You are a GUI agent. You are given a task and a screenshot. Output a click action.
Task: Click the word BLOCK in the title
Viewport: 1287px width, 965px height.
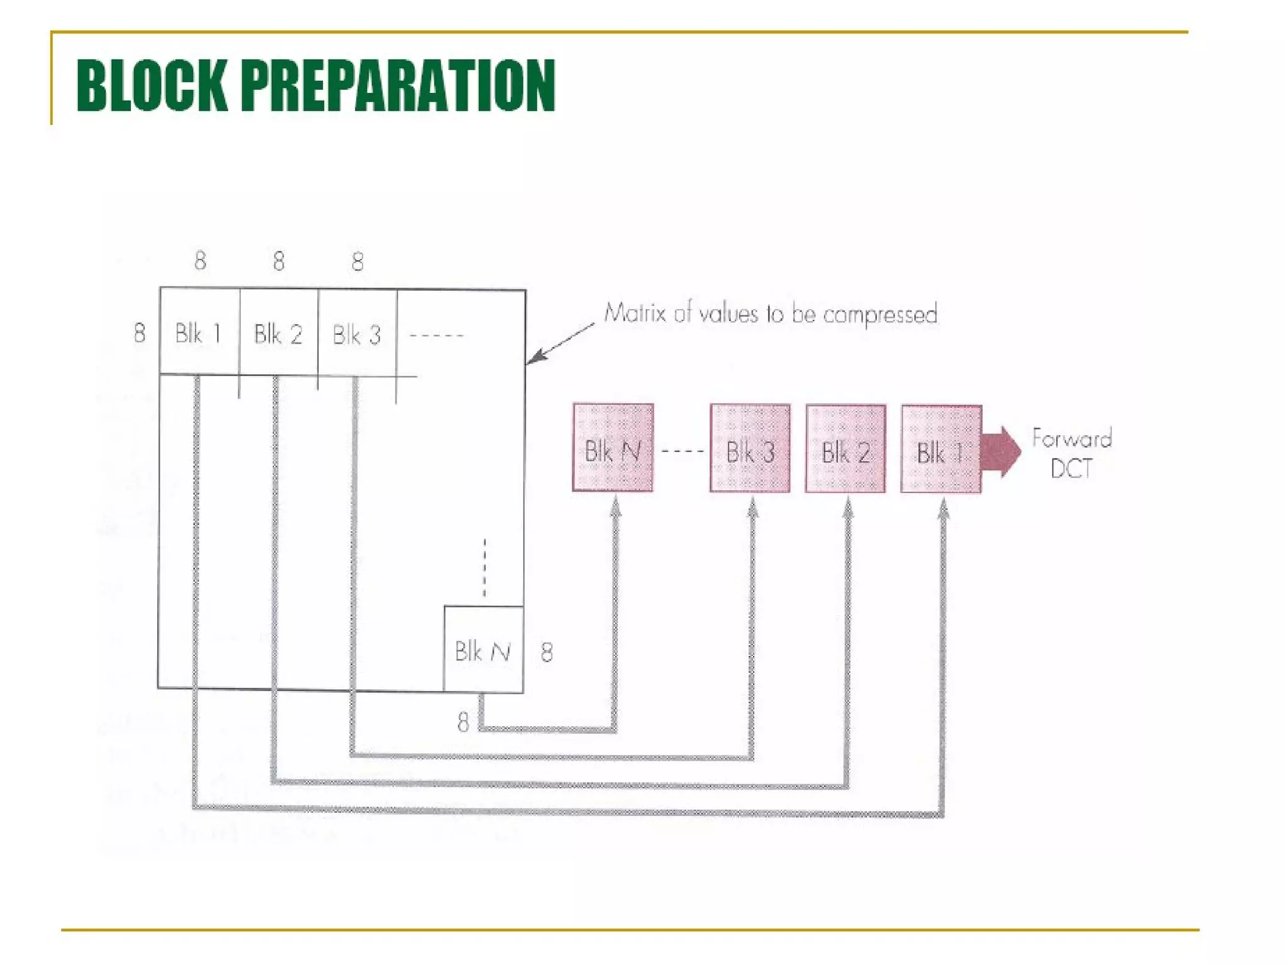pyautogui.click(x=151, y=85)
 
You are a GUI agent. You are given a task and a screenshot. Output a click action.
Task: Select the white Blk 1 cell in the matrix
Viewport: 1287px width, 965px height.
pyautogui.click(x=199, y=332)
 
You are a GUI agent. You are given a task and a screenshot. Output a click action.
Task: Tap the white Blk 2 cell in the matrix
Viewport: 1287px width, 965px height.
pyautogui.click(x=278, y=333)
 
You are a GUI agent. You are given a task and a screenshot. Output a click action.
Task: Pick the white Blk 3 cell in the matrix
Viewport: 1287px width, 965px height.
pyautogui.click(x=357, y=334)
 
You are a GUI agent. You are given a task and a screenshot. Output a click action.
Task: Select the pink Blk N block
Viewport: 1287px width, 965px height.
pyautogui.click(x=613, y=448)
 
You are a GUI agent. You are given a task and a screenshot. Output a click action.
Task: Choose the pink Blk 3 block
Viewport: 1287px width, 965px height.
pyautogui.click(x=750, y=449)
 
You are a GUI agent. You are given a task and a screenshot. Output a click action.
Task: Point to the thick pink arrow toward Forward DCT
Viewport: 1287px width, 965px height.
pyautogui.click(x=1001, y=452)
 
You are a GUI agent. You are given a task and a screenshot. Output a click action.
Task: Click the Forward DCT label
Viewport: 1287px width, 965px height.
pyautogui.click(x=1071, y=453)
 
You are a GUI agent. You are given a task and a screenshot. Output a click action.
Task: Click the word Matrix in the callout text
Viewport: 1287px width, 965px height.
pyautogui.click(x=635, y=312)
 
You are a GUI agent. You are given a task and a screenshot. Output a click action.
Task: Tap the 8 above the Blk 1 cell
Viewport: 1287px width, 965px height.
pyautogui.click(x=200, y=260)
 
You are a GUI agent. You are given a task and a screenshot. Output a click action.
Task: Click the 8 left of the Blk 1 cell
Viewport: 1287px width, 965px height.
pyautogui.click(x=140, y=332)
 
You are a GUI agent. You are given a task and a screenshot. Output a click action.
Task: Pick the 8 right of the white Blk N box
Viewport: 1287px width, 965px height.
pyautogui.click(x=547, y=652)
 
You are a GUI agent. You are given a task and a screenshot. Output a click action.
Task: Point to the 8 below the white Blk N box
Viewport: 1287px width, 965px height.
pyautogui.click(x=463, y=722)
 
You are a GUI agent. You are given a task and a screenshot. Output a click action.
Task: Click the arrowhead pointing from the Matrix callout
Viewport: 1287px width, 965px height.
pyautogui.click(x=534, y=358)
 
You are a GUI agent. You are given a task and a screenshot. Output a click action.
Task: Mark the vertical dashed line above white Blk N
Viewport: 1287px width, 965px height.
pyautogui.click(x=485, y=568)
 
